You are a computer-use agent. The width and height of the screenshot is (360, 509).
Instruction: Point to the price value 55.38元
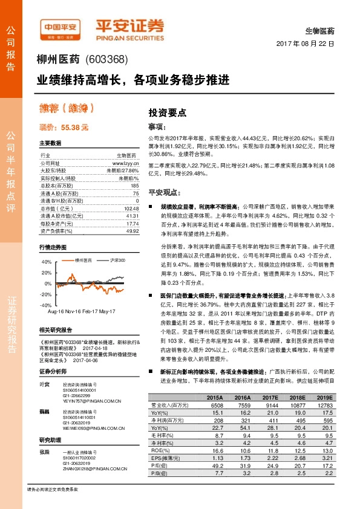point(74,128)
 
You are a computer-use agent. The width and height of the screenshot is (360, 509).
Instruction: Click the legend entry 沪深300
point(117,260)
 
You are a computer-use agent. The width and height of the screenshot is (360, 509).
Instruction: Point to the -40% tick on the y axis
point(47,305)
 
